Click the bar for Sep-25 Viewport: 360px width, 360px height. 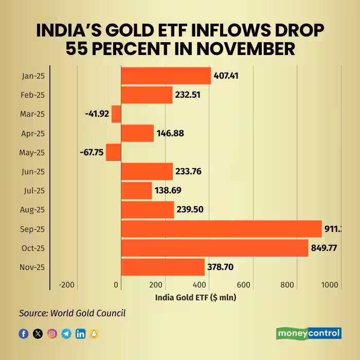pyautogui.click(x=221, y=229)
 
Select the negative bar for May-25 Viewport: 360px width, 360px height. pyautogui.click(x=113, y=152)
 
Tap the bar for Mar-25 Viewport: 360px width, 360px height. pyautogui.click(x=116, y=114)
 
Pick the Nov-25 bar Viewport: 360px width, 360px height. pyautogui.click(x=163, y=267)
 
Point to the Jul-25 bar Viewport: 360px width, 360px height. pyautogui.click(x=136, y=190)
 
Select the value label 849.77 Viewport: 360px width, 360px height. pyautogui.click(x=324, y=248)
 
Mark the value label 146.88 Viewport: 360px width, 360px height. pyautogui.click(x=170, y=133)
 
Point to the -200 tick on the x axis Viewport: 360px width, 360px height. pyautogui.click(x=67, y=285)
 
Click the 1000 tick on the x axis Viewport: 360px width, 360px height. pyautogui.click(x=330, y=285)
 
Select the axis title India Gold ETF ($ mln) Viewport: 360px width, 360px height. pyautogui.click(x=195, y=297)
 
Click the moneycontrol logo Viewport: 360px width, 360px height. pyautogui.click(x=309, y=333)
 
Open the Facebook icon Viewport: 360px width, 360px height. pyautogui.click(x=24, y=334)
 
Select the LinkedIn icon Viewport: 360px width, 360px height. pyautogui.click(x=80, y=334)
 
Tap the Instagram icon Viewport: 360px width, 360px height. pyautogui.click(x=52, y=334)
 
